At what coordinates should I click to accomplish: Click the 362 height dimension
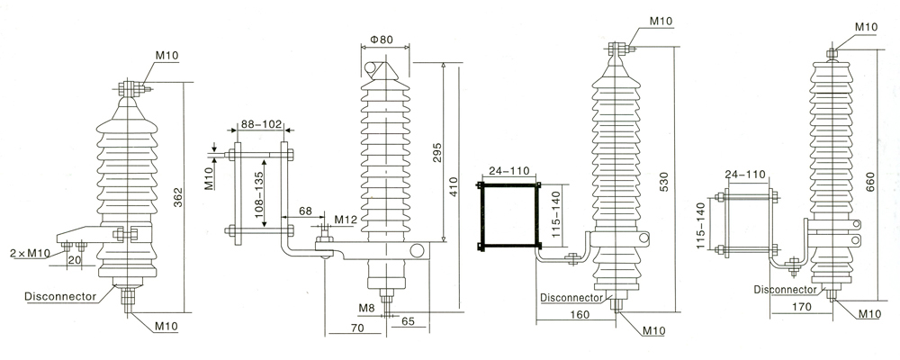(x=178, y=198)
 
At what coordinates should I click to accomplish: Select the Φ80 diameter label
(x=381, y=40)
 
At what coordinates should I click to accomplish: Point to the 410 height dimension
(x=454, y=187)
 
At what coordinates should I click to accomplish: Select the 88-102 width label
(x=261, y=123)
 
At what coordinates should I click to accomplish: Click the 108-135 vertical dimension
(x=258, y=192)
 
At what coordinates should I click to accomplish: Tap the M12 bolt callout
(x=346, y=220)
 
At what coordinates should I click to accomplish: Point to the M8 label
(x=367, y=309)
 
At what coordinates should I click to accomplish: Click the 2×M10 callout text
(x=31, y=253)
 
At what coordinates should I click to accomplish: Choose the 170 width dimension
(x=802, y=307)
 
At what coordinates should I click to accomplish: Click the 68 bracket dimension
(x=305, y=211)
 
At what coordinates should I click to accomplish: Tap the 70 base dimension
(x=357, y=328)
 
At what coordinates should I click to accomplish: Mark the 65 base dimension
(x=408, y=320)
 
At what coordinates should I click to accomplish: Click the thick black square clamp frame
(x=481, y=216)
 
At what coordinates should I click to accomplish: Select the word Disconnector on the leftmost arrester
(x=60, y=296)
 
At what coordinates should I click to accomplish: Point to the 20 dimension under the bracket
(x=74, y=259)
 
